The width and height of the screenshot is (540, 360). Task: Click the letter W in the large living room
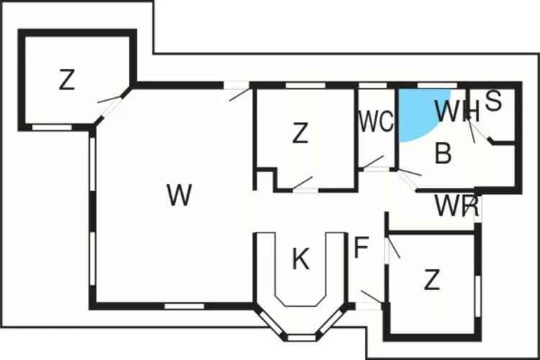179,194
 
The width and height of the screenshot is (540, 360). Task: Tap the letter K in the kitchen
300,259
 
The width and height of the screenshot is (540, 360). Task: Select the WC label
376,122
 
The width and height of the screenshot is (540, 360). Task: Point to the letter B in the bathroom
444,153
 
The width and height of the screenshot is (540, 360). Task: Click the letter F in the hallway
361,248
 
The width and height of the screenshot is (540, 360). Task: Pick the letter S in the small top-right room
493,102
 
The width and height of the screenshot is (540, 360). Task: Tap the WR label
456,207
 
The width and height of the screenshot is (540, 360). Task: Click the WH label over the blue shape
457,112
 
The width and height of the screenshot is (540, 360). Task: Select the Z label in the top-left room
67,80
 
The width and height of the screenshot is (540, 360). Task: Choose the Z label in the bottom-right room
431,279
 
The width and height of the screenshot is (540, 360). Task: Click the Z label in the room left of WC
300,132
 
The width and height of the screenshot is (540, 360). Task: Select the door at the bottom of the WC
374,170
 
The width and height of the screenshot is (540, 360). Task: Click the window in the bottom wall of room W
184,307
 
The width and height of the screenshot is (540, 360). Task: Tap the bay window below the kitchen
302,336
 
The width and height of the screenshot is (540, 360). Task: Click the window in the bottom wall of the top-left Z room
52,127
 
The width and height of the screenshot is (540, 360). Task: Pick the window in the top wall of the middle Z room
301,85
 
